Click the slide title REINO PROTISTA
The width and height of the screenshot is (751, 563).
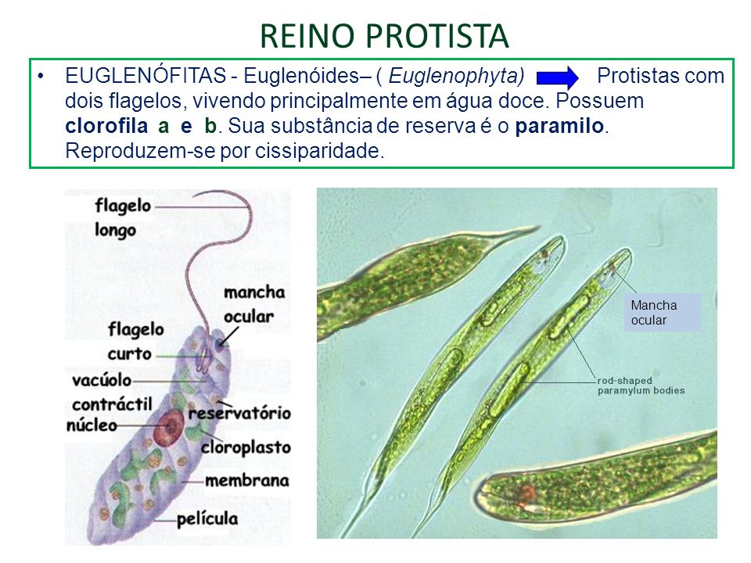(383, 35)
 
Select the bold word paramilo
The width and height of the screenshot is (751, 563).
(560, 126)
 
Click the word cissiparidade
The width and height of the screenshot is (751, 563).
(319, 151)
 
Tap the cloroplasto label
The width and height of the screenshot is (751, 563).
(245, 448)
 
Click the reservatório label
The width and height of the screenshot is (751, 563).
(239, 412)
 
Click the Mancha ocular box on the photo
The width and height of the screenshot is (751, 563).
(661, 312)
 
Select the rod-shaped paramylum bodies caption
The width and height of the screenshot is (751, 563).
(641, 385)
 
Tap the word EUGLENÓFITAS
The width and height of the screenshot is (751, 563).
(146, 77)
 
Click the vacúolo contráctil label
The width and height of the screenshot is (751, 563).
(106, 393)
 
